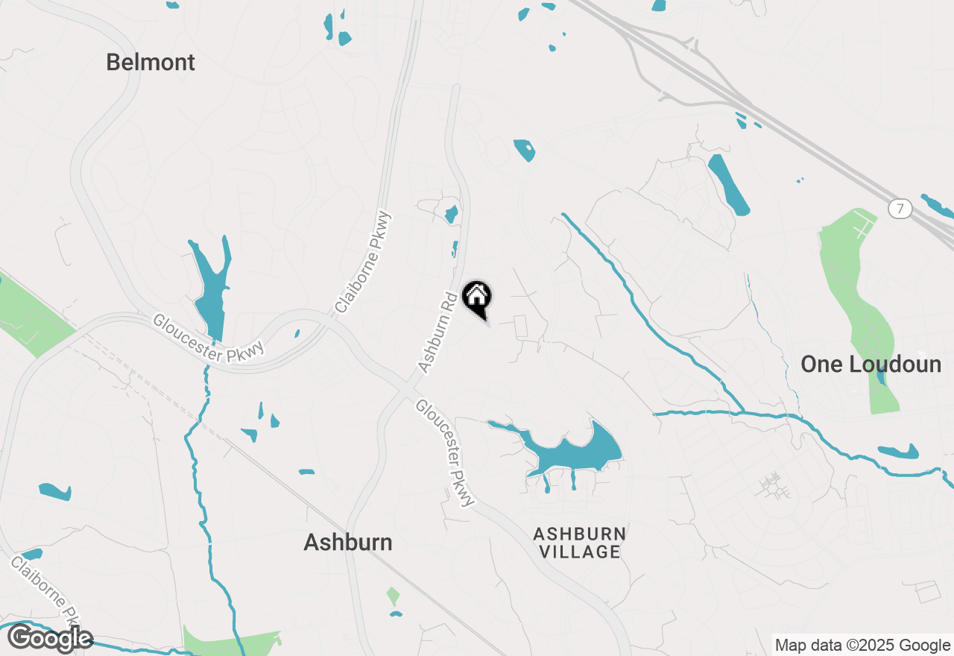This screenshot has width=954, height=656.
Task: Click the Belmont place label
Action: pyautogui.click(x=151, y=63)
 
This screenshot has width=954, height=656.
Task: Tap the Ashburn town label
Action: pyautogui.click(x=347, y=543)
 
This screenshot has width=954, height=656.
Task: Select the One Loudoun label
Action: pyautogui.click(x=871, y=365)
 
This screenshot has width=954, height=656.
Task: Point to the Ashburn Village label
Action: pyautogui.click(x=579, y=543)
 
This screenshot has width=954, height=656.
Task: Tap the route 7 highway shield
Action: pyautogui.click(x=900, y=209)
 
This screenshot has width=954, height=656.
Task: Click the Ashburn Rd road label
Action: pyautogui.click(x=437, y=332)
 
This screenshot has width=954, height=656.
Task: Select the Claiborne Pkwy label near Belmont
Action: pyautogui.click(x=362, y=262)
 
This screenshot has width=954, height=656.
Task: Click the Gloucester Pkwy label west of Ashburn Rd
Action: pyautogui.click(x=209, y=339)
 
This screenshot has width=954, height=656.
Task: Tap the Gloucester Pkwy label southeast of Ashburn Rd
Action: pyautogui.click(x=445, y=452)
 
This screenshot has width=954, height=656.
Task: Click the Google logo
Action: pyautogui.click(x=50, y=639)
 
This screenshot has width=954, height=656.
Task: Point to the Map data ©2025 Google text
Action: pyautogui.click(x=862, y=646)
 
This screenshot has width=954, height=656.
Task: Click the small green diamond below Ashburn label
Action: pyautogui.click(x=393, y=596)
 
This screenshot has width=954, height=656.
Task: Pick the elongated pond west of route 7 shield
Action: pyautogui.click(x=728, y=184)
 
